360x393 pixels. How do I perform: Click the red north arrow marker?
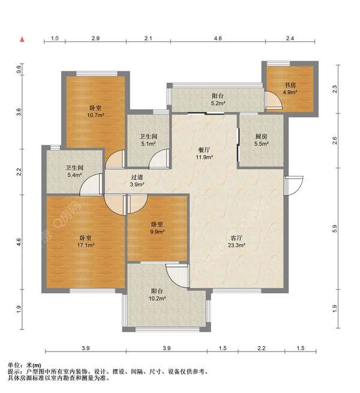22,40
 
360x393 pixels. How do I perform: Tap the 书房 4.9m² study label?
290,88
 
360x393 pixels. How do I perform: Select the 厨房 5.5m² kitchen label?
262,140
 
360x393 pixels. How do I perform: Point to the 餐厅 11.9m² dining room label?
205,154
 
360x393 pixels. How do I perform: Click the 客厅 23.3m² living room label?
236,242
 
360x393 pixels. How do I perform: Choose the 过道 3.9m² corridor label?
137,181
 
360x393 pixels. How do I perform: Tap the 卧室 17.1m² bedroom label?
85,241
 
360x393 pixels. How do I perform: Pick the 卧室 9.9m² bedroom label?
157,228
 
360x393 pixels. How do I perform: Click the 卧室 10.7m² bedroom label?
95,112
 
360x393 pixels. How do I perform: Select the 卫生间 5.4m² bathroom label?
74,171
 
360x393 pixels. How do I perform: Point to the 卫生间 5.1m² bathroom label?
148,140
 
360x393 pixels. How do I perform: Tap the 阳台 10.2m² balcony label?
157,295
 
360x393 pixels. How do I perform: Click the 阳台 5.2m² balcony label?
218,99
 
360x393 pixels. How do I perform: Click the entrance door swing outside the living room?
293,186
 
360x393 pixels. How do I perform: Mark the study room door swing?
274,101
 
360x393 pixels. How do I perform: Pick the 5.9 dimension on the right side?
335,229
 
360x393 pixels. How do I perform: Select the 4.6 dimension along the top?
218,38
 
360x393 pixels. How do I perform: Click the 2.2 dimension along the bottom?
262,348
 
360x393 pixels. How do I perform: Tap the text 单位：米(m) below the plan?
25,365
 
